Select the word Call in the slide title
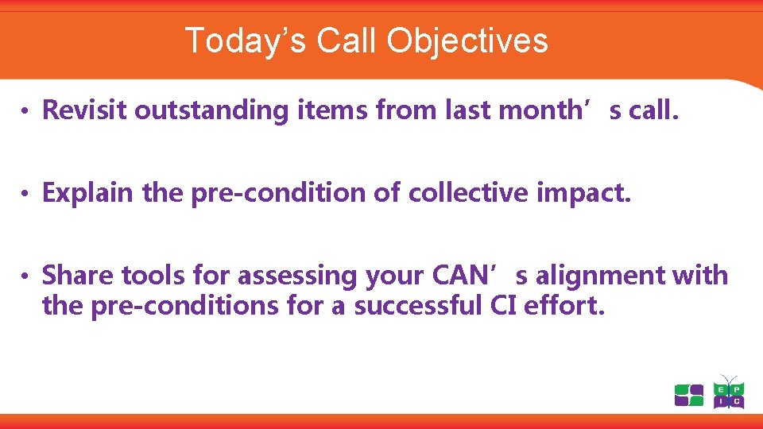348,41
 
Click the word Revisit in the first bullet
84,110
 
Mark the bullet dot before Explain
26,194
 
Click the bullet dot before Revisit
26,111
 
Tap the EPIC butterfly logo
728,392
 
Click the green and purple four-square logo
689,395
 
